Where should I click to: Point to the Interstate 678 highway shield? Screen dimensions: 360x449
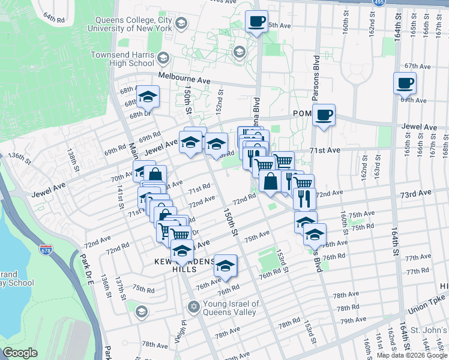pos(46,248)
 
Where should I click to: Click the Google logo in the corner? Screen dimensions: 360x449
pos(20,353)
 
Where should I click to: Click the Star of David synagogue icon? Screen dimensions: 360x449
pos(193,307)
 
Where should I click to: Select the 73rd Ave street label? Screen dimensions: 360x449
pos(417,194)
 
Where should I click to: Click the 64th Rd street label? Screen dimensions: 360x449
pos(53,19)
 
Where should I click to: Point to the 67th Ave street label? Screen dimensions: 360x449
pos(418,66)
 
